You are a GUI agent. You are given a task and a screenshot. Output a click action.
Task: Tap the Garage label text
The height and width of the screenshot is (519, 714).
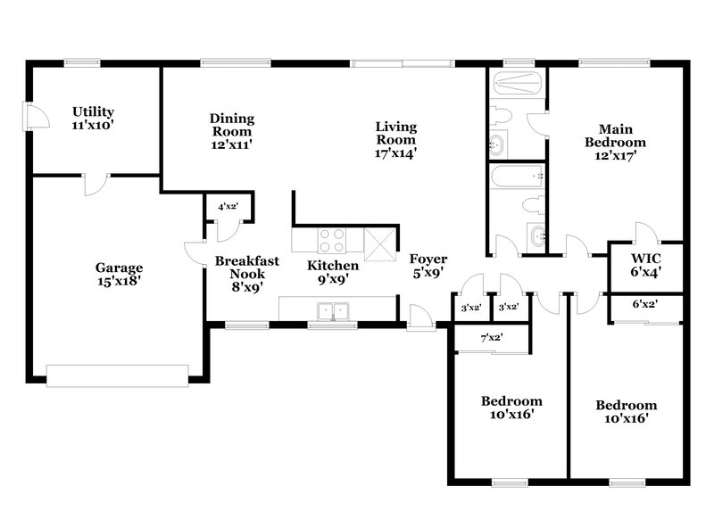[120, 268]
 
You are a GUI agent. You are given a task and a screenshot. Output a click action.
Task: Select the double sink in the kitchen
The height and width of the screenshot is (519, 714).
[334, 311]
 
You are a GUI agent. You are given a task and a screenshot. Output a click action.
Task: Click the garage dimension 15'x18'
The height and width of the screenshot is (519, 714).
[120, 280]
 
